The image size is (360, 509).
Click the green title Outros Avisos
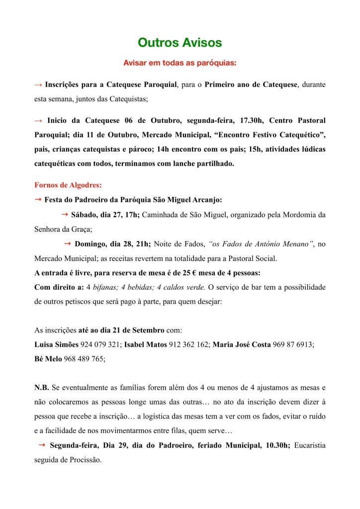180,43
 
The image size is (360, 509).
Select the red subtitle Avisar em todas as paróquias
180,64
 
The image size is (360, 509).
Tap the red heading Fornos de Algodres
68,185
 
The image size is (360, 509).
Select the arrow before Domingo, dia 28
68,244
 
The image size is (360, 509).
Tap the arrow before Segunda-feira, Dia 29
42,445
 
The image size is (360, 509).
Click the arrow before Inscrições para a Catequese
38,85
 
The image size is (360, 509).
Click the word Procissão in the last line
83,460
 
